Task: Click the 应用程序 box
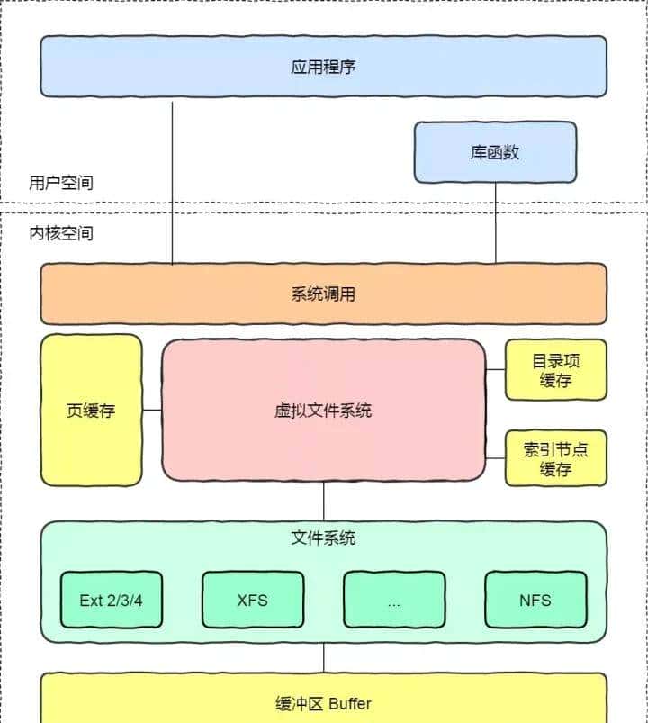(324, 67)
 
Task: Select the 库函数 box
(495, 152)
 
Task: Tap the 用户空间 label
(61, 183)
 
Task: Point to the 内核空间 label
(61, 233)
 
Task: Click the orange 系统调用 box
(324, 294)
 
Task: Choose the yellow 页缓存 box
(91, 411)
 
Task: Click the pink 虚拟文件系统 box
(324, 411)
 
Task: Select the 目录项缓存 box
(555, 370)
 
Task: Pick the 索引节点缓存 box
(555, 458)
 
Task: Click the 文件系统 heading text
(324, 538)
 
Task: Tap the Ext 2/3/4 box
(111, 600)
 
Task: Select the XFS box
(252, 600)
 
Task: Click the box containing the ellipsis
(394, 600)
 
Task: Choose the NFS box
(535, 600)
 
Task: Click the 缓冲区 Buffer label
(324, 703)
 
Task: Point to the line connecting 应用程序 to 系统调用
(172, 180)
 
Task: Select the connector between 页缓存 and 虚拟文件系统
(152, 411)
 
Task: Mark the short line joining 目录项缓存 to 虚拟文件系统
(496, 369)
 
